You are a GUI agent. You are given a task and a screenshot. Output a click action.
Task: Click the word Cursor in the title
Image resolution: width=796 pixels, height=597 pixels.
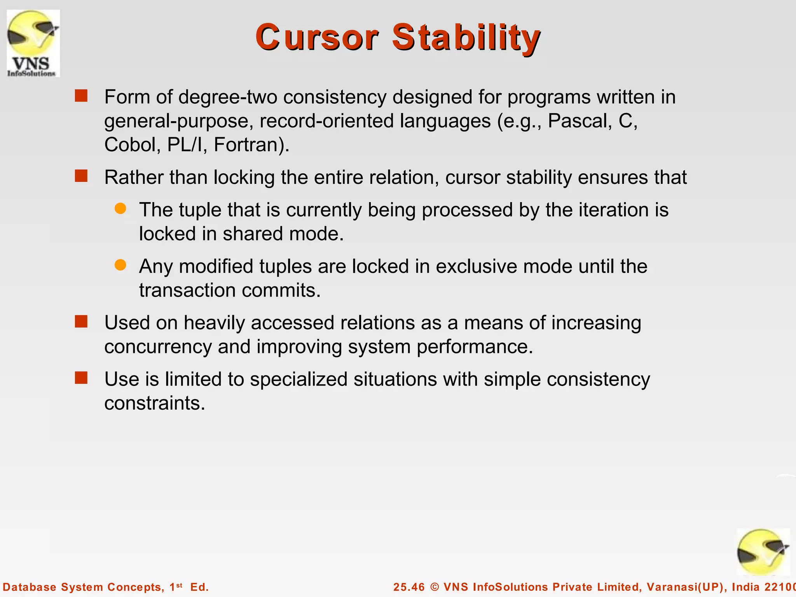pyautogui.click(x=316, y=37)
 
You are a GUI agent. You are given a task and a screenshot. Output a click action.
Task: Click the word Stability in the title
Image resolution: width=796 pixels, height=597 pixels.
pyautogui.click(x=466, y=37)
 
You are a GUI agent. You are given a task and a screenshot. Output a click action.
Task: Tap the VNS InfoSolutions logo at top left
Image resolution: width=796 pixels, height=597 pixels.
pyautogui.click(x=33, y=43)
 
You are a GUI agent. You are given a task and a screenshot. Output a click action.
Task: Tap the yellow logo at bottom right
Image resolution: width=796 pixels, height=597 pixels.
pyautogui.click(x=763, y=552)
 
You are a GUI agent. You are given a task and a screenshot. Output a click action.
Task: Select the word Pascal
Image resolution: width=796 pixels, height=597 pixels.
pyautogui.click(x=578, y=121)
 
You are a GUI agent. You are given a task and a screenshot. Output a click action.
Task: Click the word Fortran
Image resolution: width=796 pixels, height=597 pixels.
pyautogui.click(x=251, y=145)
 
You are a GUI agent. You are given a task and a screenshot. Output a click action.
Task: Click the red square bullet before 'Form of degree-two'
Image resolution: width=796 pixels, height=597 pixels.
pyautogui.click(x=81, y=96)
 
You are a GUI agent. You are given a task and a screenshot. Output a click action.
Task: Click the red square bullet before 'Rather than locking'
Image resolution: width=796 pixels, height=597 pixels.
pyautogui.click(x=81, y=176)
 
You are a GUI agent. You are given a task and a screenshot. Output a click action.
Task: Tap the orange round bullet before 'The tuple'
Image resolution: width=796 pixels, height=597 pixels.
pyautogui.click(x=120, y=209)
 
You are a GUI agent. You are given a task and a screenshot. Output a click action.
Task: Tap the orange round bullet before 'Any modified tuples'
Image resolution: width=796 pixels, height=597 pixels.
pyautogui.click(x=120, y=265)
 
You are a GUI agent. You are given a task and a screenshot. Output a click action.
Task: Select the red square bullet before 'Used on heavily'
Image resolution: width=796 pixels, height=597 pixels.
pyautogui.click(x=81, y=321)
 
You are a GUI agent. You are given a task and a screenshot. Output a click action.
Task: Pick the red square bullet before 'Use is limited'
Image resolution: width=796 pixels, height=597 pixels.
pyautogui.click(x=81, y=378)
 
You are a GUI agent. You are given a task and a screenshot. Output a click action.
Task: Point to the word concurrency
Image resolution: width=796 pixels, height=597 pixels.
pyautogui.click(x=158, y=347)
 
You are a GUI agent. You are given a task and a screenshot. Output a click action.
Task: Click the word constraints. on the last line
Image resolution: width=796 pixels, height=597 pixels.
pyautogui.click(x=154, y=403)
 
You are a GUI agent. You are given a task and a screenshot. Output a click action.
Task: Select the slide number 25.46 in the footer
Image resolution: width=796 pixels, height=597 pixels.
pyautogui.click(x=409, y=587)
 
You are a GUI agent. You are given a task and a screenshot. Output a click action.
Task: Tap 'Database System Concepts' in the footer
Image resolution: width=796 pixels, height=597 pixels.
pyautogui.click(x=82, y=587)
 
